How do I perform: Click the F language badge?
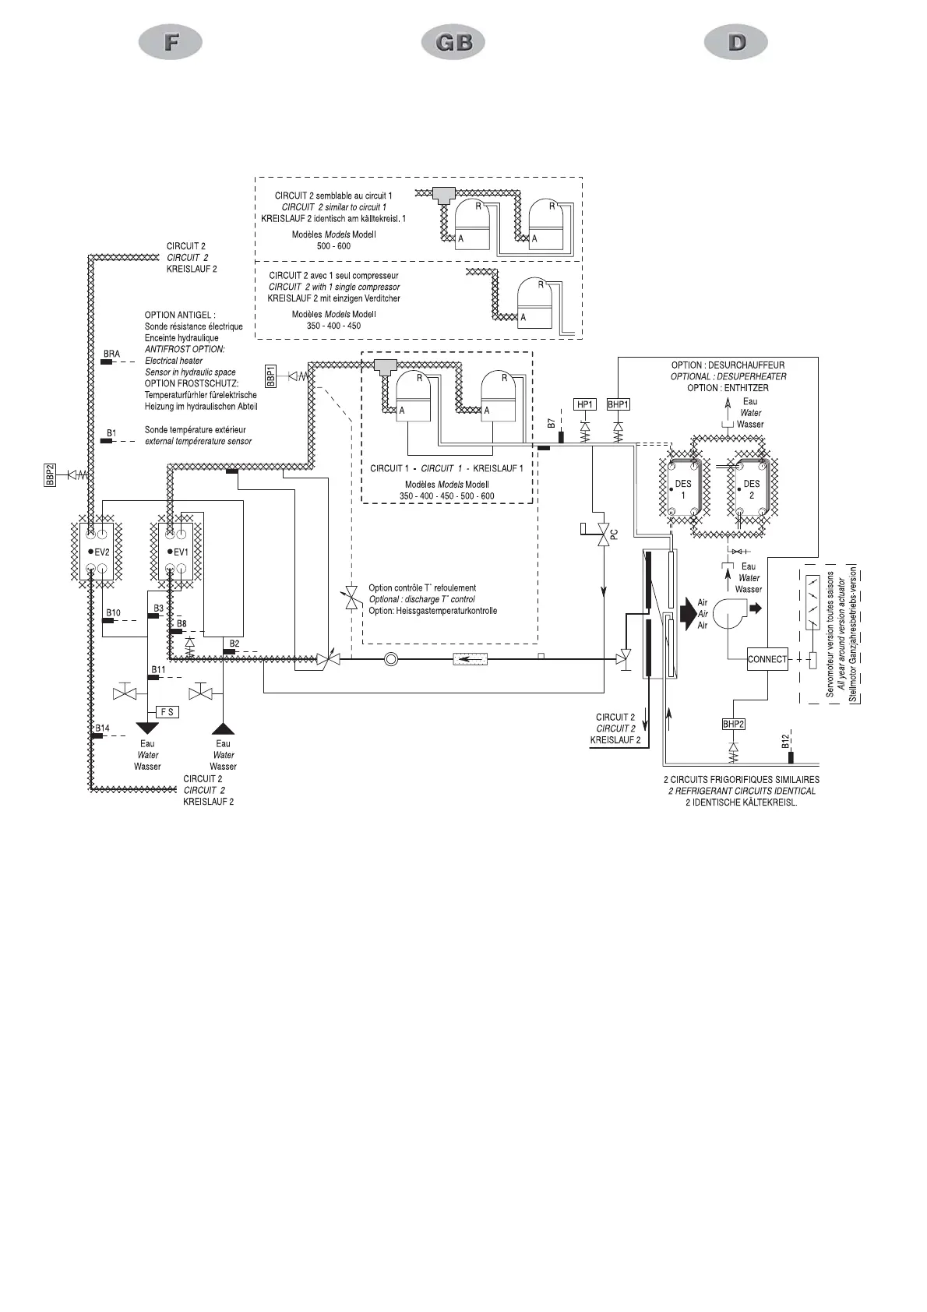(171, 42)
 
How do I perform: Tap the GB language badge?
(453, 42)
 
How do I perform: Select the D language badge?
(736, 42)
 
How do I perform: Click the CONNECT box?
(767, 659)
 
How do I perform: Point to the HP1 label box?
(585, 404)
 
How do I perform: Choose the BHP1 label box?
(618, 404)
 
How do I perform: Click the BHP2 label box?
(733, 724)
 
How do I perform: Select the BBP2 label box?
(48, 474)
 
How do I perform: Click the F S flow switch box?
(167, 712)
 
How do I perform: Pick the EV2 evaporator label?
(103, 552)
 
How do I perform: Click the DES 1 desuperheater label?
(683, 489)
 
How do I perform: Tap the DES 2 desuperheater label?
(752, 489)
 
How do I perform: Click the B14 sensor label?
(102, 728)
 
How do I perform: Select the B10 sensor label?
(114, 613)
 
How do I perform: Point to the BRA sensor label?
(111, 354)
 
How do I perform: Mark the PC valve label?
(614, 535)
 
